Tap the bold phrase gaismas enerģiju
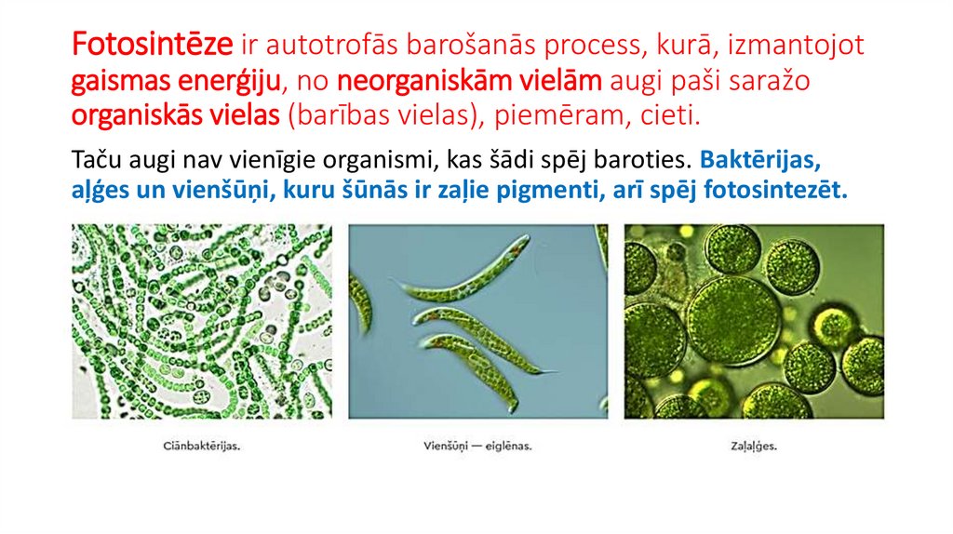[x=178, y=81]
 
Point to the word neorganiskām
[x=421, y=81]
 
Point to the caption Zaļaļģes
[x=754, y=447]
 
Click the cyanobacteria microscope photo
[x=201, y=321]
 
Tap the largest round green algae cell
[x=732, y=319]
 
